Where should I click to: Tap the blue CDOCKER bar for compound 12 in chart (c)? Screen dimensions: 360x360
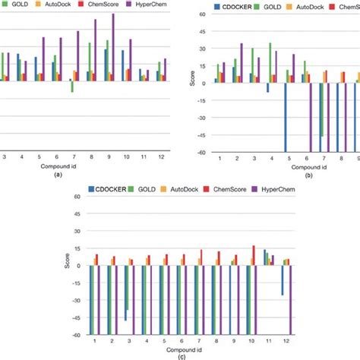(x=283, y=280)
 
